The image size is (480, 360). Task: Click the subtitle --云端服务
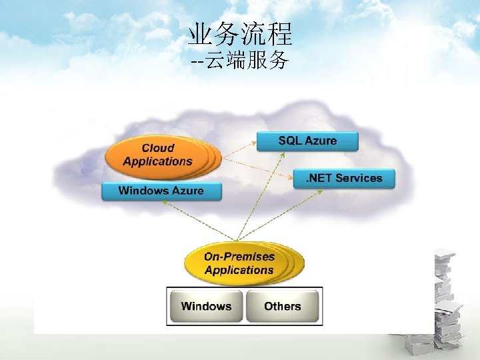(x=240, y=61)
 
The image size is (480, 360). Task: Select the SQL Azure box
(x=307, y=141)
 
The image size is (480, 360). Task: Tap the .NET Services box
(x=344, y=178)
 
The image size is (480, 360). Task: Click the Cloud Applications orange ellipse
(x=157, y=155)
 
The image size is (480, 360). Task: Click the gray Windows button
(x=206, y=307)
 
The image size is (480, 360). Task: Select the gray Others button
(x=282, y=307)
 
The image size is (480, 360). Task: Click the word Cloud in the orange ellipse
(x=158, y=148)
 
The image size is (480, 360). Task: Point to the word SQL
(x=290, y=141)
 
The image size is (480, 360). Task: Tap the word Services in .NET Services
(x=359, y=178)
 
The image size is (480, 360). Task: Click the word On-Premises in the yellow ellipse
(x=239, y=257)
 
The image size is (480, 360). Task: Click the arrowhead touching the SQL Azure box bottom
(x=282, y=154)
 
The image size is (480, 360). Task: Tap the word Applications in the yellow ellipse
(x=239, y=270)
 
